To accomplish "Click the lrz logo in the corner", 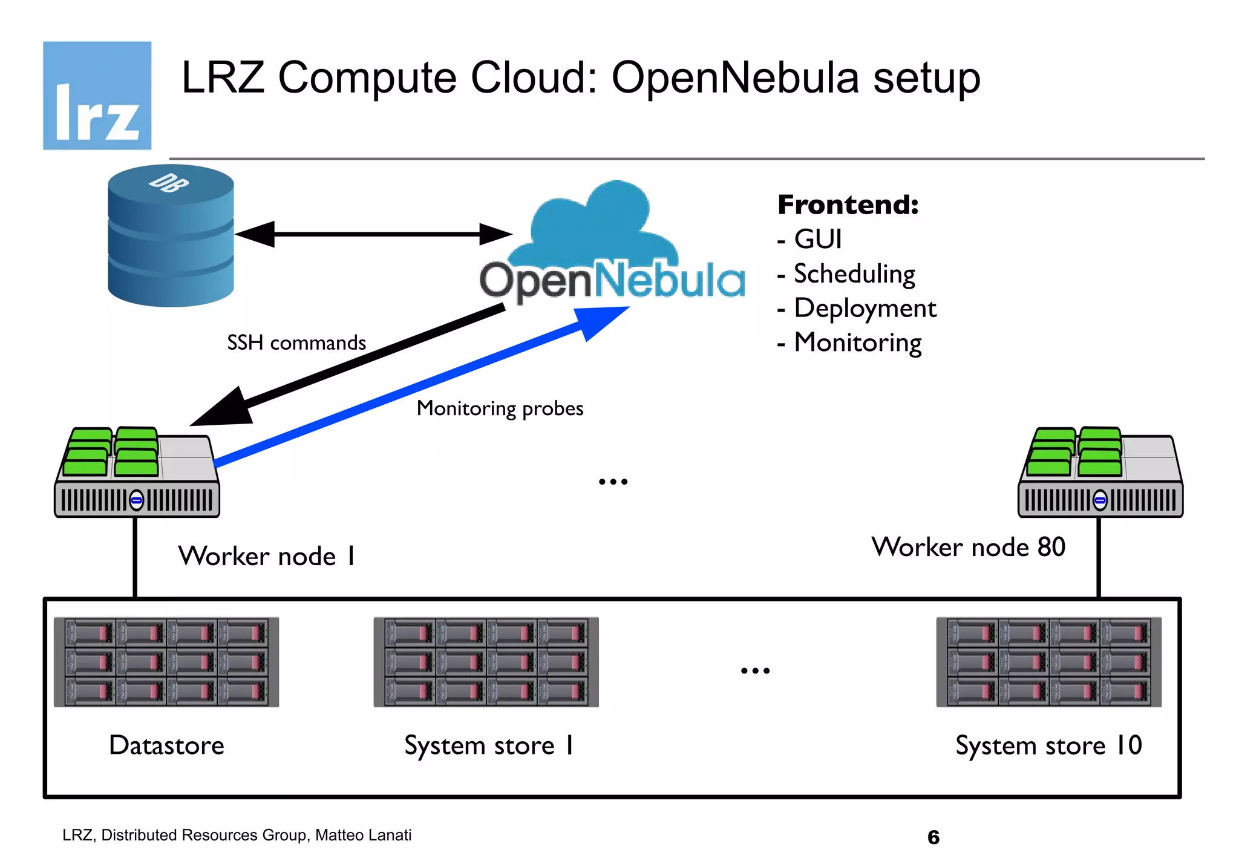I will pyautogui.click(x=97, y=96).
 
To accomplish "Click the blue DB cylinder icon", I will pyautogui.click(x=171, y=236).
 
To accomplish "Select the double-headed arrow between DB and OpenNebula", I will pyautogui.click(x=374, y=234).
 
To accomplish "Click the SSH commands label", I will pyautogui.click(x=296, y=343).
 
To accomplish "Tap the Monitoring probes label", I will pyautogui.click(x=500, y=408).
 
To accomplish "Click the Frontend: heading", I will pyautogui.click(x=848, y=205).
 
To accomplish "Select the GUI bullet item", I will pyautogui.click(x=817, y=240).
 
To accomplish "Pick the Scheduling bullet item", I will pyautogui.click(x=853, y=274).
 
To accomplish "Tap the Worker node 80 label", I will pyautogui.click(x=968, y=548).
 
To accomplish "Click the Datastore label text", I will pyautogui.click(x=166, y=745).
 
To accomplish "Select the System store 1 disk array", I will pyautogui.click(x=486, y=662).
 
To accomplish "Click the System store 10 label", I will pyautogui.click(x=1048, y=745).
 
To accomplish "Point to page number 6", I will pyautogui.click(x=933, y=837).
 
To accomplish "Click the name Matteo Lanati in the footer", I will pyautogui.click(x=363, y=836).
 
